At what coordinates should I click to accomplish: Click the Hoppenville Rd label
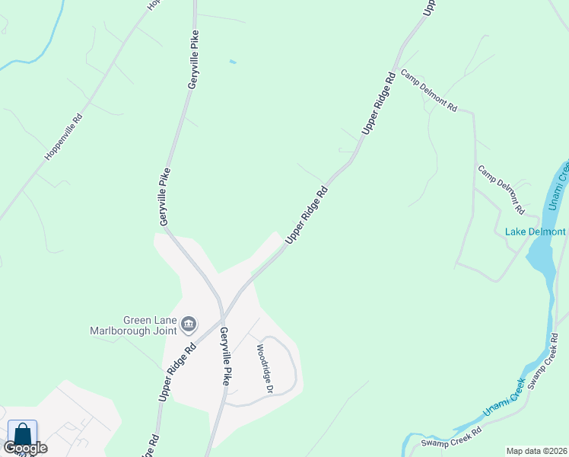[63, 137]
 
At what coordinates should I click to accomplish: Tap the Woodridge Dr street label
[264, 369]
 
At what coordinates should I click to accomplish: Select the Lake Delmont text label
[536, 232]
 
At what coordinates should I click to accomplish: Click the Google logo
[25, 447]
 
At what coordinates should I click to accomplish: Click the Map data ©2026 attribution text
[537, 451]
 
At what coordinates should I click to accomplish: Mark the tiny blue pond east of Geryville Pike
[232, 62]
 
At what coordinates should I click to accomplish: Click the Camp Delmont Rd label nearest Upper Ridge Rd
[430, 91]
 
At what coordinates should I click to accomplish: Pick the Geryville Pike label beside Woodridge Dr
[224, 356]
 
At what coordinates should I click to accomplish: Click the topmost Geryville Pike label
[193, 60]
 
